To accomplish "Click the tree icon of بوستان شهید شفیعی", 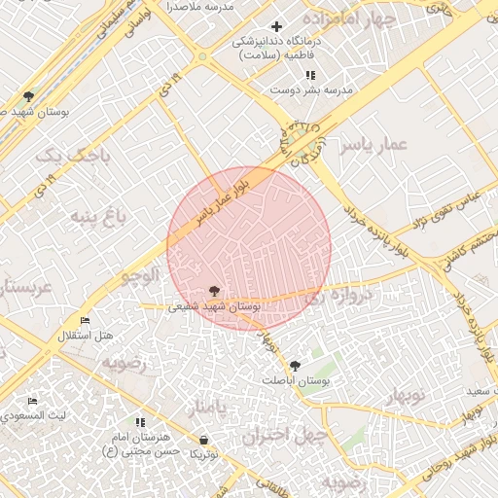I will coord(214,290).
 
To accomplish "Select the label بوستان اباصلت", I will coord(302,380).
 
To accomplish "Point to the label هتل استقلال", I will coord(87,336).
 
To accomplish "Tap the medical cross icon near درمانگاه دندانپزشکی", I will coord(277,26).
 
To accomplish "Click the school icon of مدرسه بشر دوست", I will coord(309,75).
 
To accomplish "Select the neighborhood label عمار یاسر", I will coord(371,145).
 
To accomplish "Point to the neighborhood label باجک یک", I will coord(67,154).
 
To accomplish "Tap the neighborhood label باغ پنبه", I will coord(97,214).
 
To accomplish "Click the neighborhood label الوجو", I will coord(140,275).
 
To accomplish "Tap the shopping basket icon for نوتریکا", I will coord(203,440).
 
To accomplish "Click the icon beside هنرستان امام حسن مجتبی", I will coord(141,423).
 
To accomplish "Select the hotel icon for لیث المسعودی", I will coord(32,401).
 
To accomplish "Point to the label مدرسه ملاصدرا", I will coord(200,7).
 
